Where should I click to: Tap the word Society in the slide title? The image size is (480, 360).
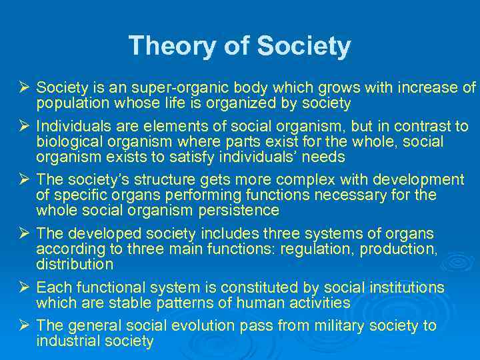point(303,47)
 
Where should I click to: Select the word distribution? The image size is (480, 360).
point(75,265)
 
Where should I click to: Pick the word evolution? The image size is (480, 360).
point(203,326)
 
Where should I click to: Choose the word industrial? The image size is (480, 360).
point(67,341)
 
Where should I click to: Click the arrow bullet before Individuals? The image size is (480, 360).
point(23,126)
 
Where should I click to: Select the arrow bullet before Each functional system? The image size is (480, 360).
point(23,287)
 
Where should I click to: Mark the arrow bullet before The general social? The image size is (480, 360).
point(23,326)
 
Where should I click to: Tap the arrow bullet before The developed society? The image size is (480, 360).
point(23,234)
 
